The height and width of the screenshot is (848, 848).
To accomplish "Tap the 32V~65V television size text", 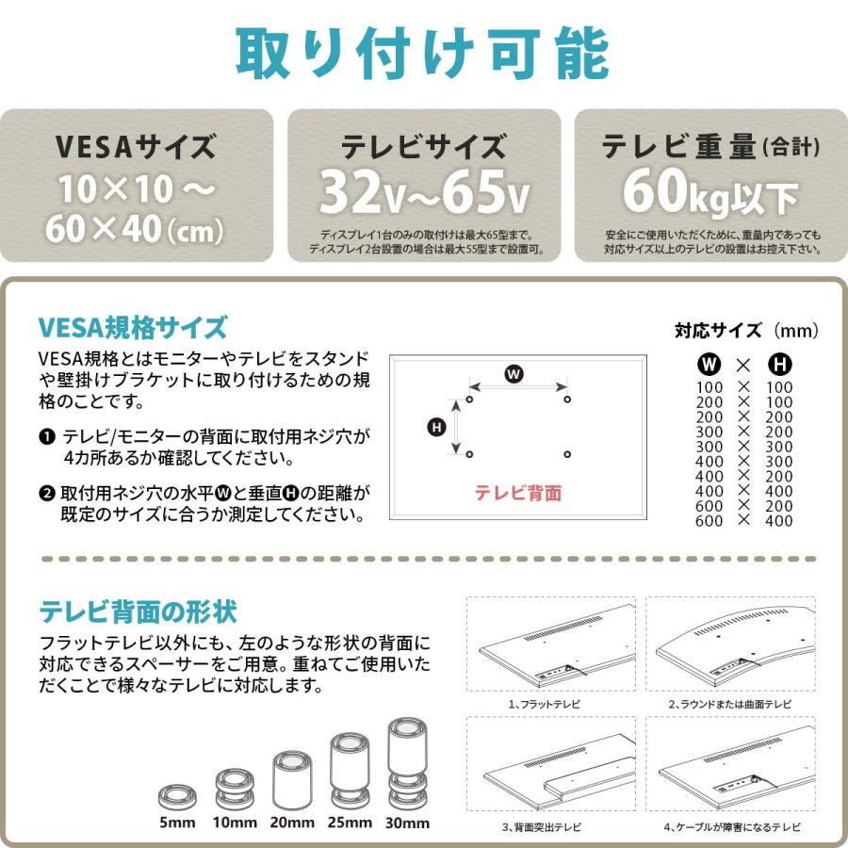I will pyautogui.click(x=423, y=191).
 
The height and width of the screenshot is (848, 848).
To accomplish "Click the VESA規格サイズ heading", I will pyautogui.click(x=133, y=328).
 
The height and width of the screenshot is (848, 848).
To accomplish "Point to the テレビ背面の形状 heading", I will pyautogui.click(x=138, y=612).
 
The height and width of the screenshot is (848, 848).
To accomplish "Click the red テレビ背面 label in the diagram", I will pyautogui.click(x=517, y=492).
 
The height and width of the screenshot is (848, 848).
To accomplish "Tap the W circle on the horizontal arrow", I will pyautogui.click(x=514, y=374).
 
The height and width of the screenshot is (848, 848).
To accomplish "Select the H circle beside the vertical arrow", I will pyautogui.click(x=436, y=428).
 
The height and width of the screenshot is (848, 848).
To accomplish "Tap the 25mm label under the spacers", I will pyautogui.click(x=350, y=823).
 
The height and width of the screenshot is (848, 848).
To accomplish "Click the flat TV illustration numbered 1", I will pyautogui.click(x=550, y=645).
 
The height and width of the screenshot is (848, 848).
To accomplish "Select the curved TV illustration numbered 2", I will pyautogui.click(x=730, y=645).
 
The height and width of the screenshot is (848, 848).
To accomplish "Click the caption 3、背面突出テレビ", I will pyautogui.click(x=541, y=826).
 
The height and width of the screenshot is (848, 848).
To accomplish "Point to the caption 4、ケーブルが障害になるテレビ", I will pyautogui.click(x=731, y=826).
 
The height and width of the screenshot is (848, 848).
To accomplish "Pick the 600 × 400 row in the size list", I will pyautogui.click(x=743, y=521).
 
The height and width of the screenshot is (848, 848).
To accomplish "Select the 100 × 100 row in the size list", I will pyautogui.click(x=743, y=387).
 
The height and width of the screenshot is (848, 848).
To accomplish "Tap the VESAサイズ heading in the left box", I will pyautogui.click(x=136, y=147).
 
